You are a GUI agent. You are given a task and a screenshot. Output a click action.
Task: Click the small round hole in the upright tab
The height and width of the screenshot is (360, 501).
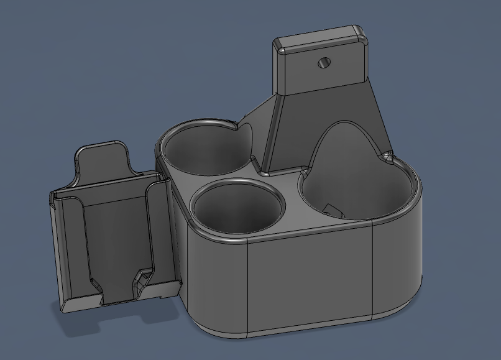coord(323,62)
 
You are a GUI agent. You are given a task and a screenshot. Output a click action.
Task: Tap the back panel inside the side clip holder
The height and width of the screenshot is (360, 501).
coord(115,236)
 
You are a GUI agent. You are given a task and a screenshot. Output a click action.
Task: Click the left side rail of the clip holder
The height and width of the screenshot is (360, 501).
coord(70,249)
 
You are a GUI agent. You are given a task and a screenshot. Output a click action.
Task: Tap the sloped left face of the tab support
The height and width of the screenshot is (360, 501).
coord(272,134)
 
